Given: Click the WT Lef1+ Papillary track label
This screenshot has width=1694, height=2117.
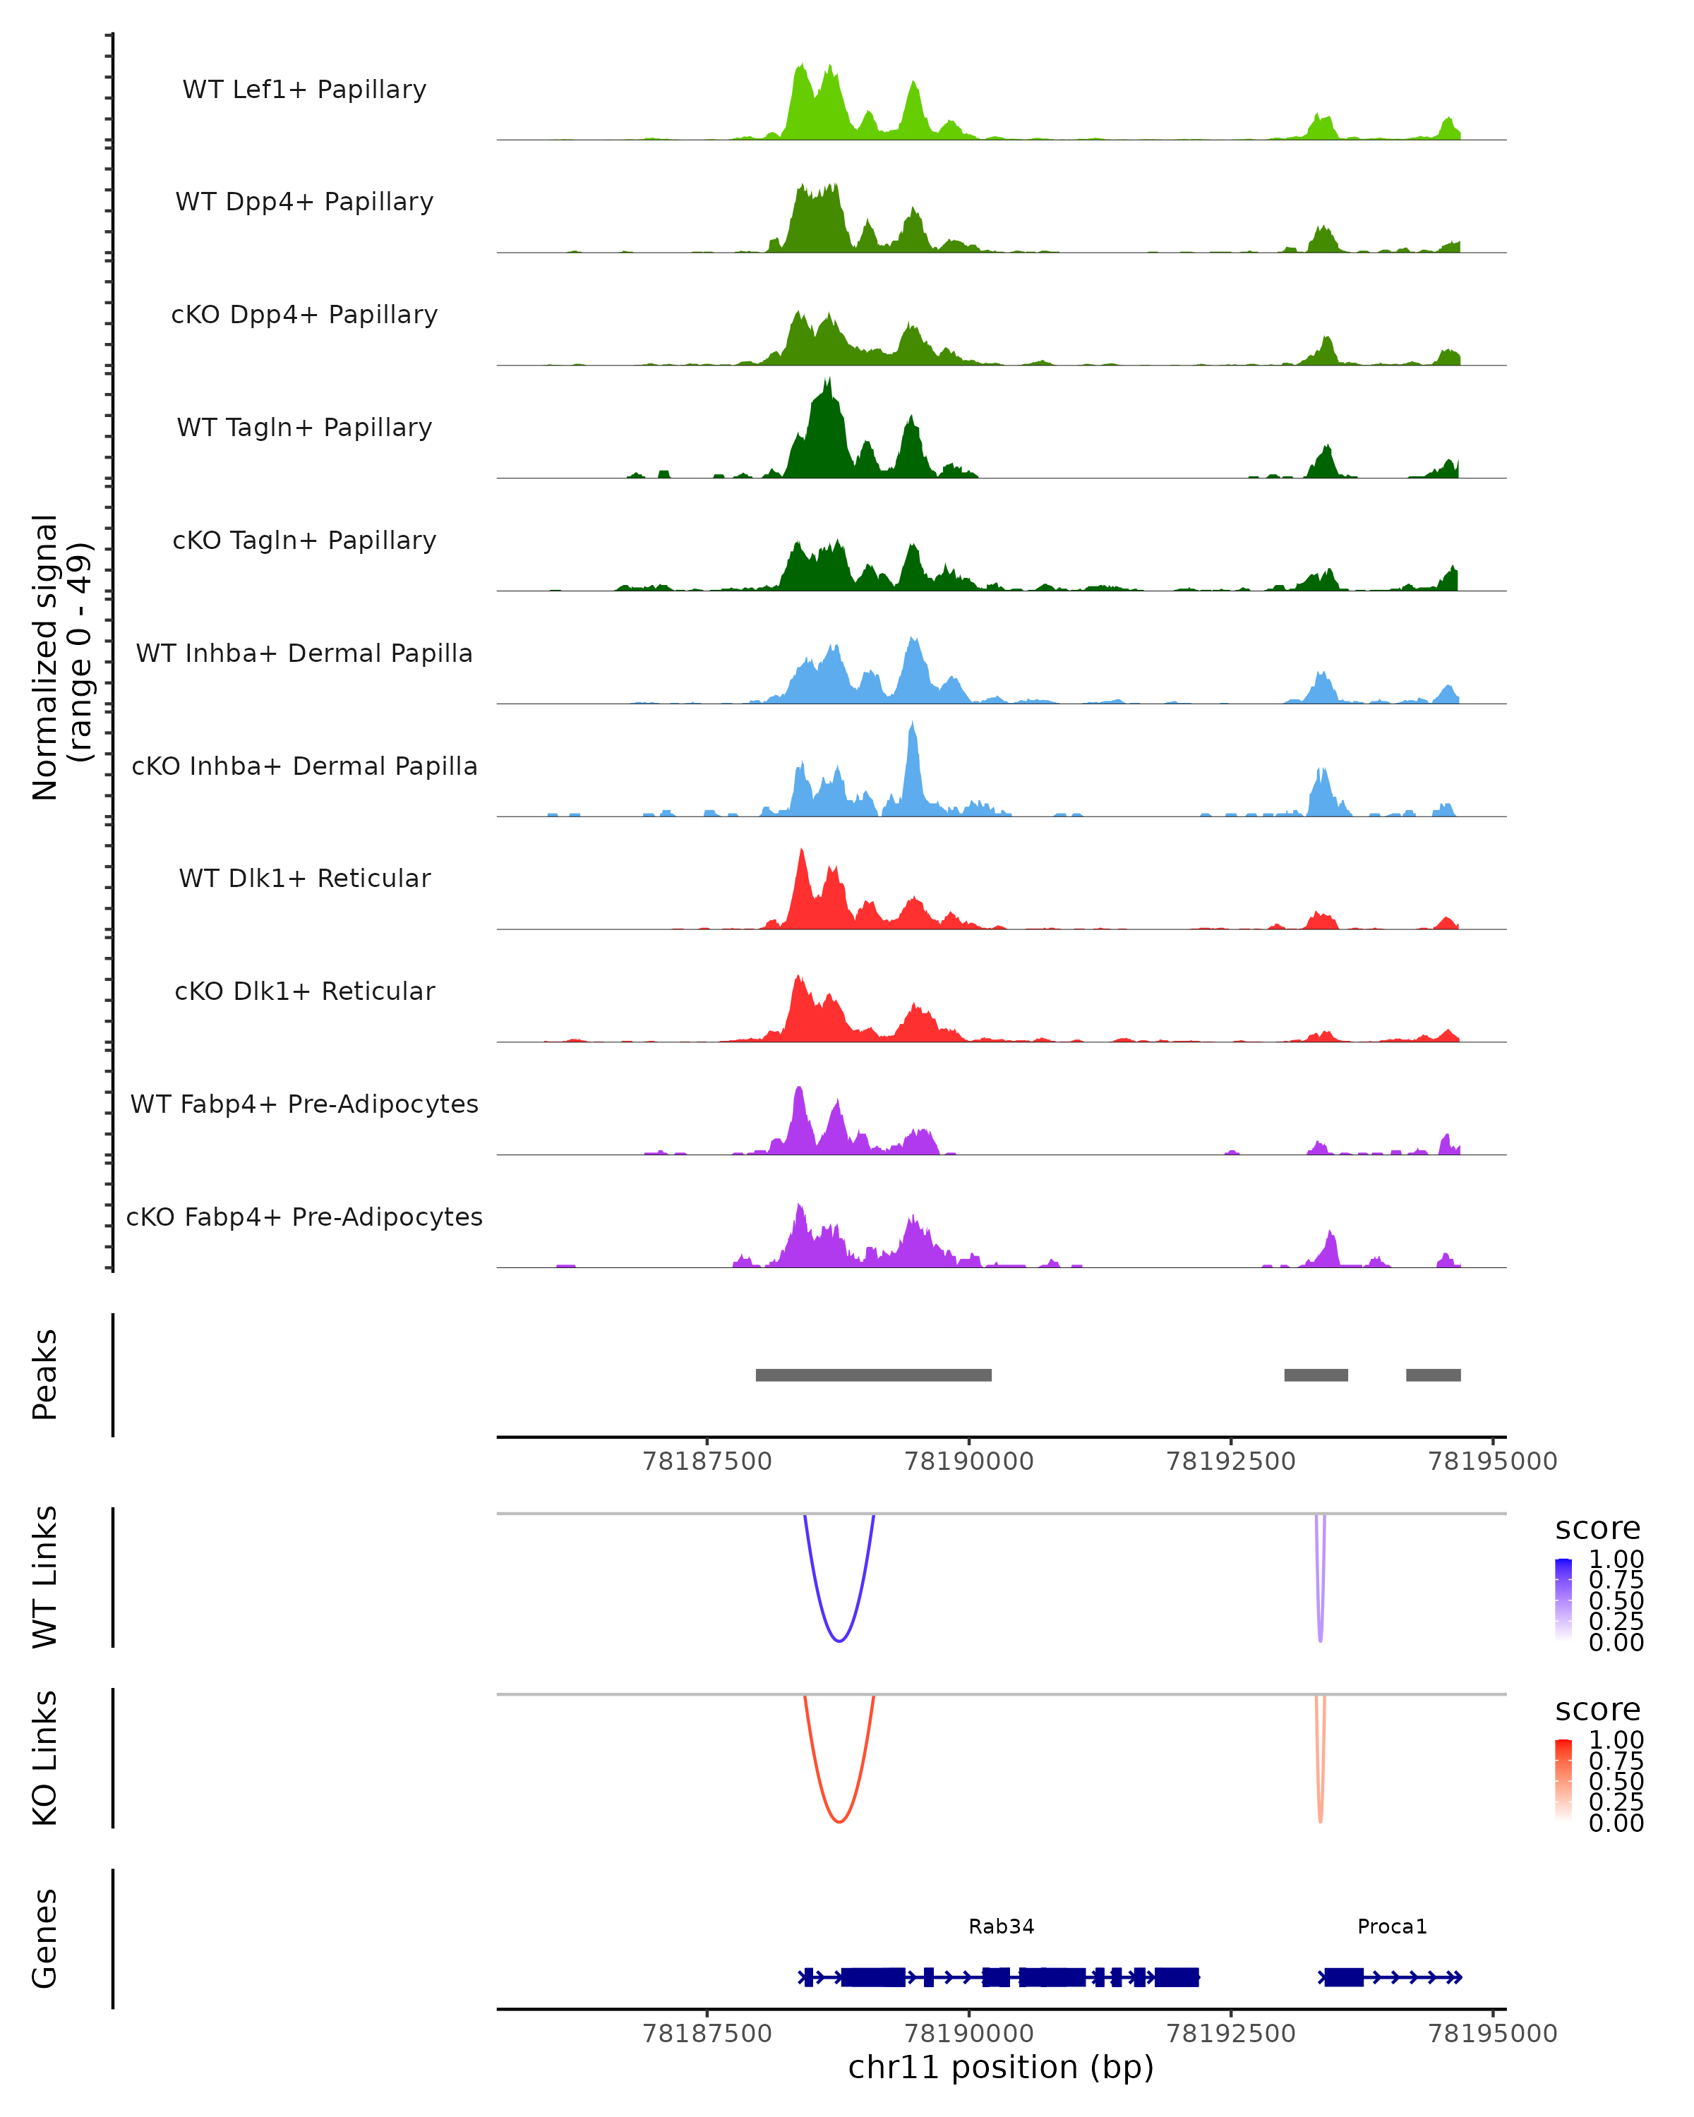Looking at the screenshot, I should coord(304,90).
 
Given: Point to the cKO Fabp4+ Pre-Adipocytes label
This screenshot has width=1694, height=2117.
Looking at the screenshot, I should coord(304,1217).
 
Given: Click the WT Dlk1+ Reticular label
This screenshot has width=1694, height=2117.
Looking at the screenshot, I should coord(304,878).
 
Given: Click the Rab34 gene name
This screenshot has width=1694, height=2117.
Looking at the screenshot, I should coord(1001,1926).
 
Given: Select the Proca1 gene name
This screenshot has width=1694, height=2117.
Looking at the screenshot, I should coord(1391,1926).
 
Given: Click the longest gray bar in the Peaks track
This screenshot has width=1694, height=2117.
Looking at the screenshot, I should coord(873,1375).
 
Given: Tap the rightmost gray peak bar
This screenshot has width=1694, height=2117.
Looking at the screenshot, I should coord(1433,1375).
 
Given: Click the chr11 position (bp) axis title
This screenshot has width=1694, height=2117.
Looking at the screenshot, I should coord(1001,2068).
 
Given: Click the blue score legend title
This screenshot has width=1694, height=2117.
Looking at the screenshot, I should coord(1597,1529).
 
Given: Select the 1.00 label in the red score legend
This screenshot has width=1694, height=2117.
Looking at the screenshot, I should coord(1616,1740).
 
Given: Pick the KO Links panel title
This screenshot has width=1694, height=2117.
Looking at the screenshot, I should coord(44,1758).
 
